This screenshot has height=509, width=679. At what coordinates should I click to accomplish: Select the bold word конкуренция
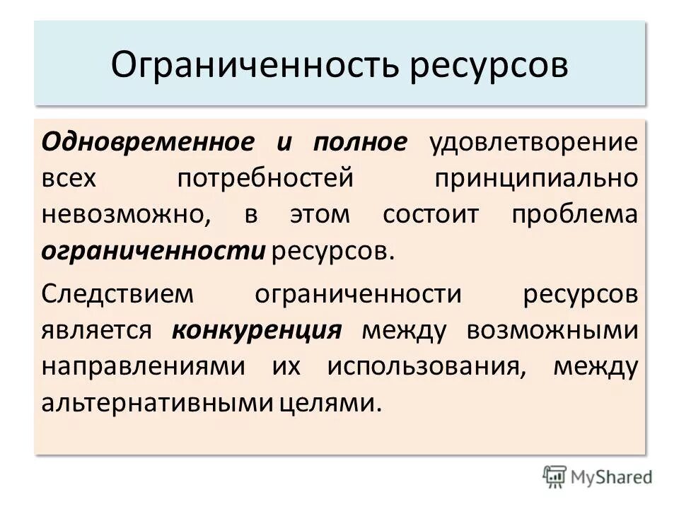[257, 330]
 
